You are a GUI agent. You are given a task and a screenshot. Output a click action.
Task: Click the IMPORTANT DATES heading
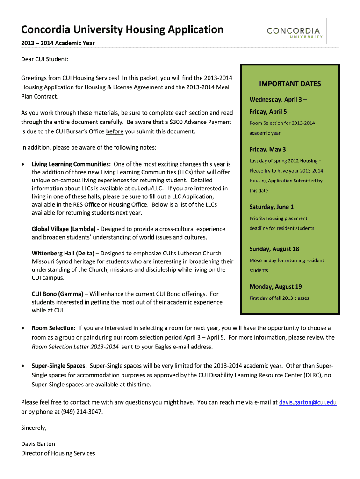pyautogui.click(x=290, y=84)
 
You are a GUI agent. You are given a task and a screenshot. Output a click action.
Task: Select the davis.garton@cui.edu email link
pyautogui.click(x=308, y=402)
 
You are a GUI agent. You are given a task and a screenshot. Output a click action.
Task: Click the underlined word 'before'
pyautogui.click(x=115, y=131)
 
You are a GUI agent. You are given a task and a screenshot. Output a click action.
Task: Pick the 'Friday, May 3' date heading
pyautogui.click(x=268, y=150)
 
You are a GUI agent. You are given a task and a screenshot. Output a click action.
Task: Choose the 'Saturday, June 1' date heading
pyautogui.click(x=272, y=207)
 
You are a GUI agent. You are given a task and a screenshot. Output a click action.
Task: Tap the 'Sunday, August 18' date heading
pyautogui.click(x=274, y=249)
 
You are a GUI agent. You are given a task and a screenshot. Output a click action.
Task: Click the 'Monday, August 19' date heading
pyautogui.click(x=275, y=287)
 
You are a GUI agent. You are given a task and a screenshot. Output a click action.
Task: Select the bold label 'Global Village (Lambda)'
pyautogui.click(x=64, y=229)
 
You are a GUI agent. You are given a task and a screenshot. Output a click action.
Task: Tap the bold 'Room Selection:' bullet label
pyautogui.click(x=54, y=328)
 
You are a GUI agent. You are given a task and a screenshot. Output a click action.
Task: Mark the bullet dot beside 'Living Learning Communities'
pyautogui.click(x=24, y=165)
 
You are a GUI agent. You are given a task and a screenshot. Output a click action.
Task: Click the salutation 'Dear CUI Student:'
pyautogui.click(x=45, y=59)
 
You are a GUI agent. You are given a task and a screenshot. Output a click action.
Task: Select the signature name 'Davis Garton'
pyautogui.click(x=38, y=444)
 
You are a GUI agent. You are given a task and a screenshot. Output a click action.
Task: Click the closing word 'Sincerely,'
pyautogui.click(x=34, y=428)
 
